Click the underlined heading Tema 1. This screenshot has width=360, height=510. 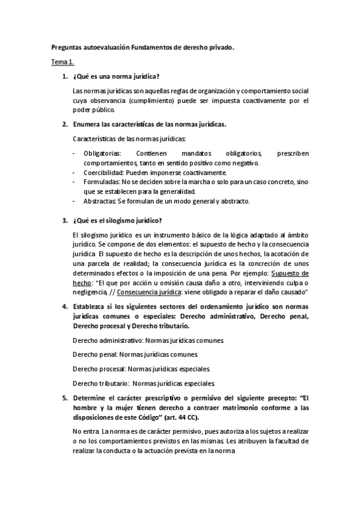click(61, 62)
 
